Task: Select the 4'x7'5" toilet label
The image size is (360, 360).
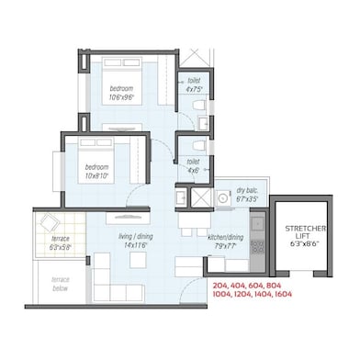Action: point(193,84)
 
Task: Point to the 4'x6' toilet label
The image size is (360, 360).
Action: point(194,166)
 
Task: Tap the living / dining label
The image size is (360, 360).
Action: point(139,241)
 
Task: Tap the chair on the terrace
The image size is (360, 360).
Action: point(52,223)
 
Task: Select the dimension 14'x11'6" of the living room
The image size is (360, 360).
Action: point(139,246)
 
